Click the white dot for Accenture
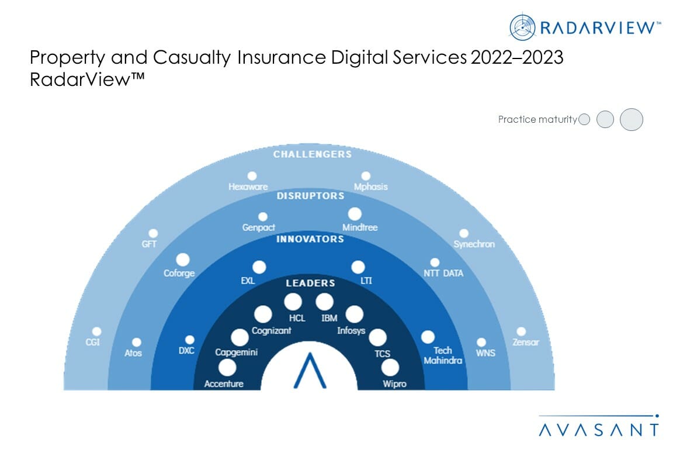tap(227, 368)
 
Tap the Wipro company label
tap(394, 384)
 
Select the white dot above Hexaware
tap(252, 175)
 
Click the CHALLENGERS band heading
tap(313, 154)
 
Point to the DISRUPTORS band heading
tap(310, 196)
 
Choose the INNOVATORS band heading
tap(310, 239)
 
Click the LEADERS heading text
tap(310, 283)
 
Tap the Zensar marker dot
tap(521, 331)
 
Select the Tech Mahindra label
tap(442, 355)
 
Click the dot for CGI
tap(97, 331)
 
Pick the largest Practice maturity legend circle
tap(631, 119)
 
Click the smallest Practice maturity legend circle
tap(584, 119)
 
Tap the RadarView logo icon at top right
tap(522, 27)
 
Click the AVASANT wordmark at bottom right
tap(598, 430)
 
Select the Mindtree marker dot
tap(355, 214)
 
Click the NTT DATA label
tap(443, 273)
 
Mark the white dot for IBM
tap(324, 302)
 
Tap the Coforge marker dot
tap(183, 260)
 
